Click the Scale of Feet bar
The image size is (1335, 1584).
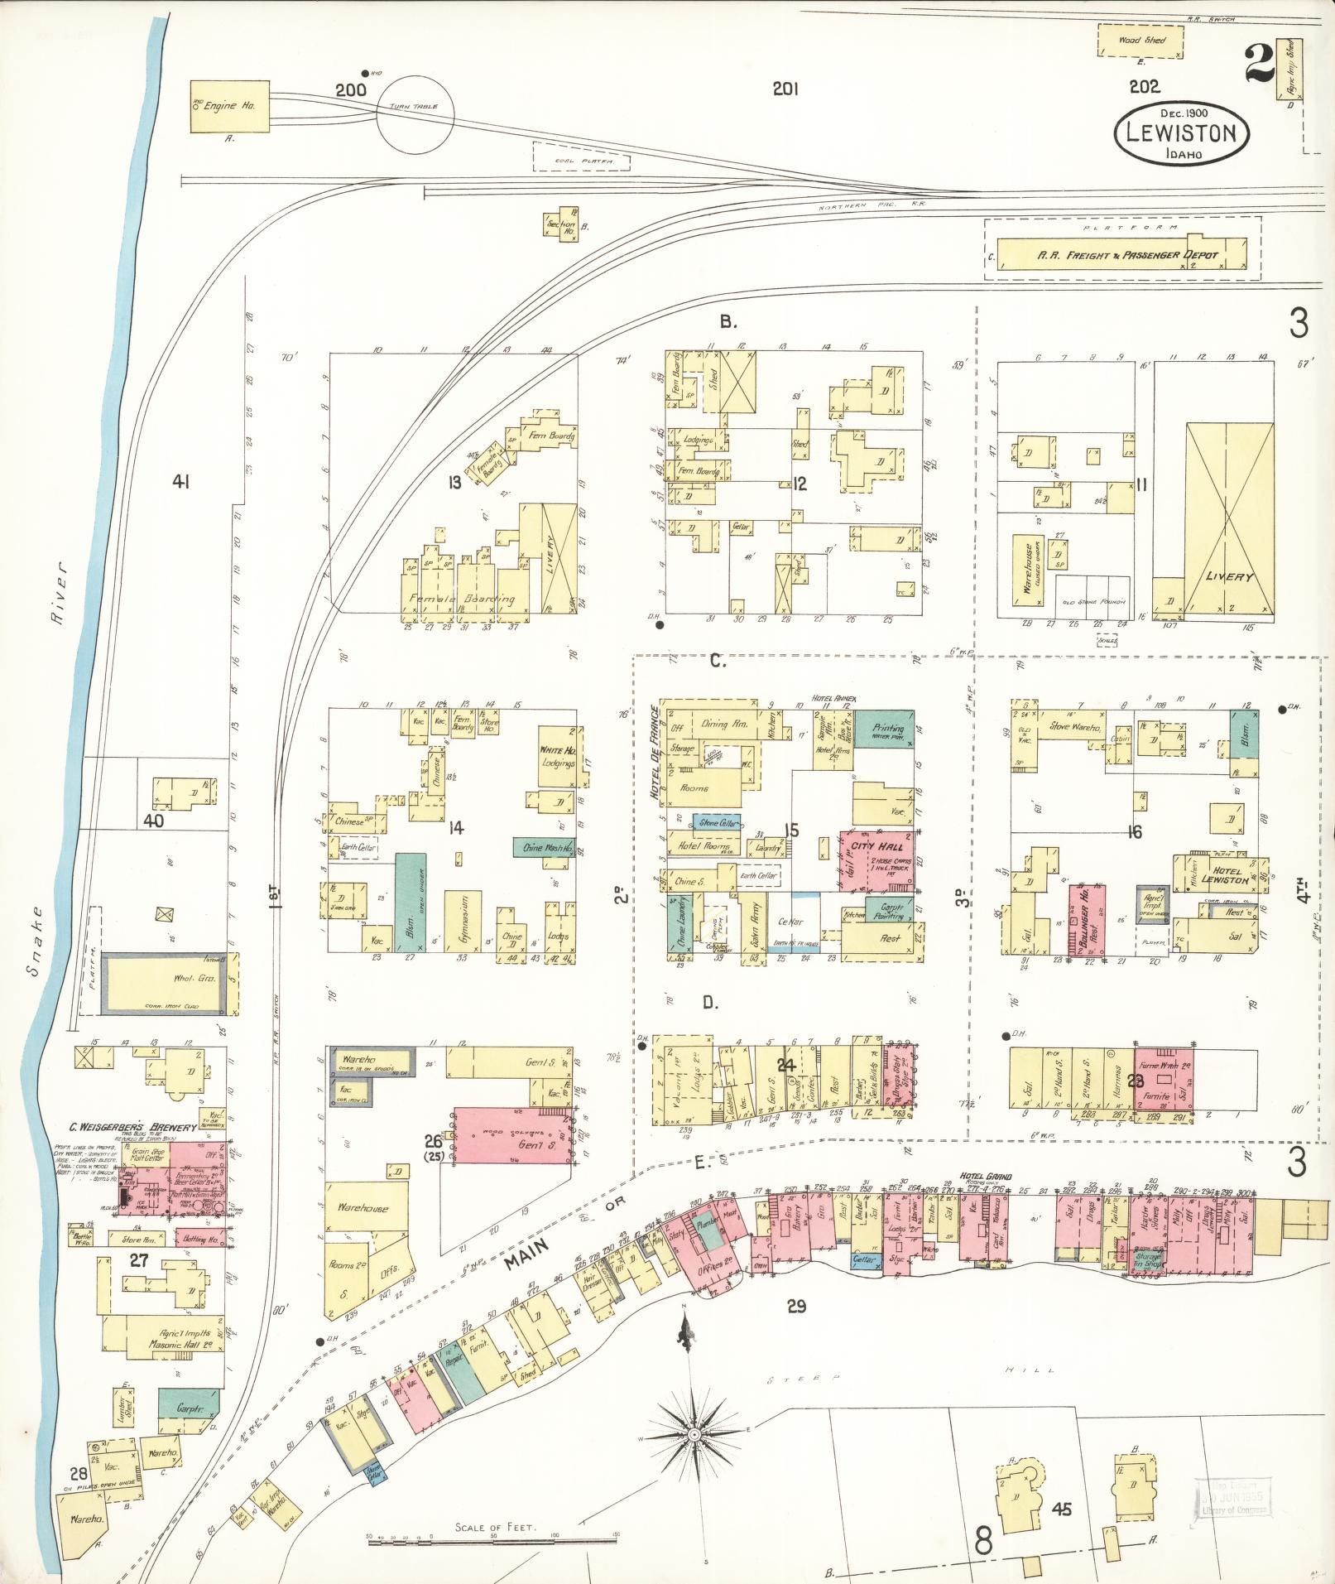pyautogui.click(x=494, y=1538)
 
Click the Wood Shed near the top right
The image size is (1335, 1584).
pyautogui.click(x=1141, y=40)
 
